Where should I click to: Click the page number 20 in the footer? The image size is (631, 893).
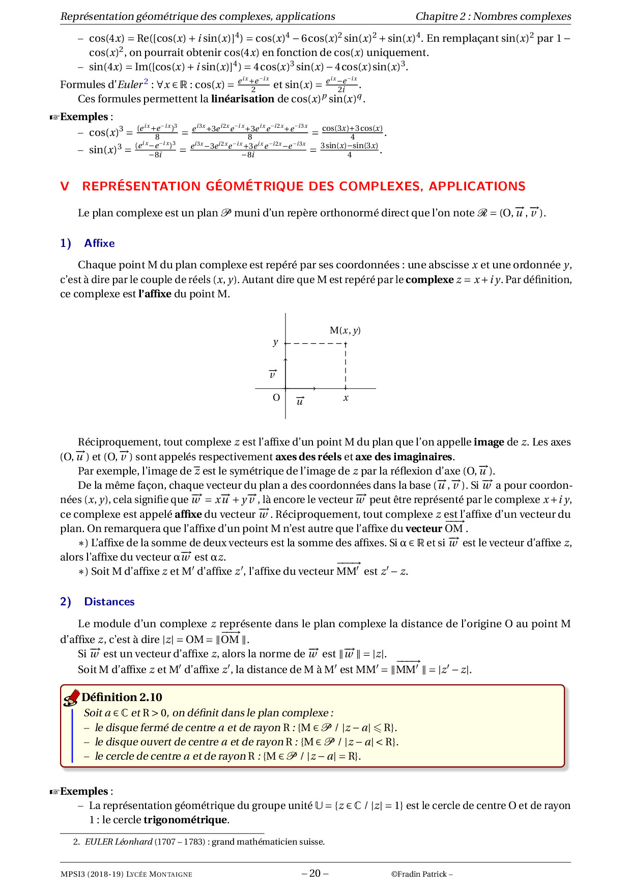pos(315,873)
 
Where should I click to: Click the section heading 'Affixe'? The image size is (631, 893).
pos(99,243)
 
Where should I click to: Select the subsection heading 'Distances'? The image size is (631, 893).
pos(109,602)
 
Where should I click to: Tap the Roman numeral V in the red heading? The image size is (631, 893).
pos(65,186)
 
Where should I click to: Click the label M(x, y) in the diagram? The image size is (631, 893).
pos(345,330)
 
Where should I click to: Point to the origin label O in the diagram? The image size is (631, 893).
pos(276,398)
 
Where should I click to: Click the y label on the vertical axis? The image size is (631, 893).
pos(275,342)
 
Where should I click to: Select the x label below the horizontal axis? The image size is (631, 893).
pos(346,398)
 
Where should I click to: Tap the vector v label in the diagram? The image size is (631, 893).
pos(273,375)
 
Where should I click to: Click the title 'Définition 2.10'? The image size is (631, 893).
pos(122,697)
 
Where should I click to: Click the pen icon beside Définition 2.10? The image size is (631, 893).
pos(71,697)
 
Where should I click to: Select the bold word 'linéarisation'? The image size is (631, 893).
pos(242,99)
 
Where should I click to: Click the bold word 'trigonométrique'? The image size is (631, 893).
pos(185,820)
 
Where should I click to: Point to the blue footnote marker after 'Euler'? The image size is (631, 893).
pos(146,81)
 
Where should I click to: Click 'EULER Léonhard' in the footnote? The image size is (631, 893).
pos(118,842)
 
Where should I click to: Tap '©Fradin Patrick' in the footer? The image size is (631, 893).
pos(421,874)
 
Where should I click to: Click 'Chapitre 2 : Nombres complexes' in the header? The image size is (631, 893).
pos(493,16)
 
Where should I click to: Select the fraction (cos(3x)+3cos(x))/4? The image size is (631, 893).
pos(352,132)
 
